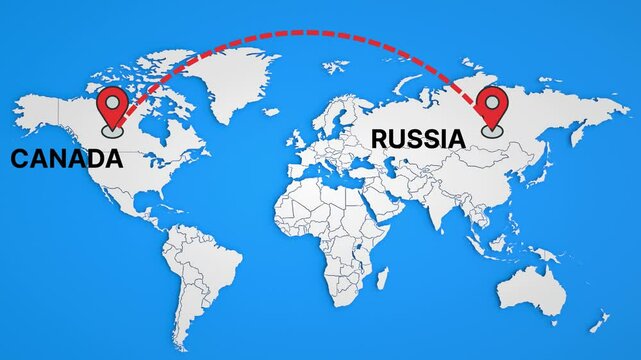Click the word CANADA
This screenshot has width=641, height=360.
coord(66,158)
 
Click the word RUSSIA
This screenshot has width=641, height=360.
coord(418,138)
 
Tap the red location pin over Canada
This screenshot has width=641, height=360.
coord(112,107)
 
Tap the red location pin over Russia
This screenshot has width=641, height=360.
coord(491,107)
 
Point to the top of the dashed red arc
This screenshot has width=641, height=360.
coord(305,32)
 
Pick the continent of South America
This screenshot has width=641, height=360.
coord(200,270)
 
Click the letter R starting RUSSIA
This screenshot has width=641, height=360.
coord(380,138)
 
